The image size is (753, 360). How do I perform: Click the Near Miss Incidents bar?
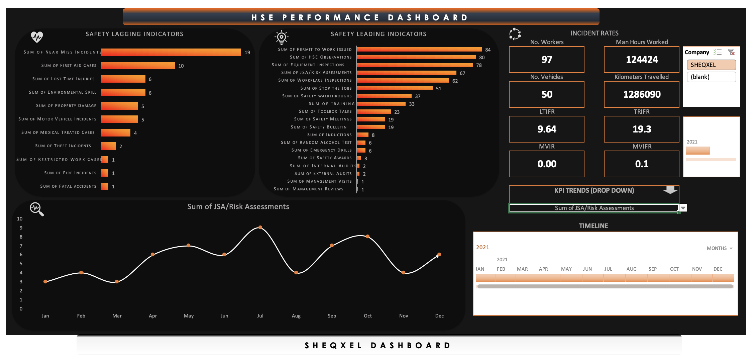tap(171, 52)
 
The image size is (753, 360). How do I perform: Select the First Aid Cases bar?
tap(138, 66)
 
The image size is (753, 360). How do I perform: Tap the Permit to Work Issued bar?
tap(419, 50)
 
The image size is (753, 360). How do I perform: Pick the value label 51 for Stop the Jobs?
tap(439, 89)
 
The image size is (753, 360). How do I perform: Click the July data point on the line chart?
tap(260, 228)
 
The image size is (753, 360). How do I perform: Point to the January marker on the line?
tap(45, 282)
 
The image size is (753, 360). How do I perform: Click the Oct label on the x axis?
tap(368, 316)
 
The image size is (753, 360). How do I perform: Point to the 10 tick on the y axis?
tap(20, 219)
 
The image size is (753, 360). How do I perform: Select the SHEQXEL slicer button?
tap(711, 65)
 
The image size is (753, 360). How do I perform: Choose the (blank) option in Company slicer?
tap(711, 77)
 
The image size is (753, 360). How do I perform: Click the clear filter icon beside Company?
tap(731, 52)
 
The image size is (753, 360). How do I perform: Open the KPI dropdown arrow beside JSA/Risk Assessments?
tap(683, 208)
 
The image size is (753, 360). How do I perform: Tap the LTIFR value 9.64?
tap(547, 129)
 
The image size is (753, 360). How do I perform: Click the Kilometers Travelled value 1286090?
tap(642, 94)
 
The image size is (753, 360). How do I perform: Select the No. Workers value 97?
tap(547, 60)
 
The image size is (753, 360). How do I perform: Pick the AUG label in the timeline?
tap(631, 269)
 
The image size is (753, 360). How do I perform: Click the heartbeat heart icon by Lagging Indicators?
tap(37, 36)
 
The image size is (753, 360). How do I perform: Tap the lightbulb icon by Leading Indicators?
tap(282, 37)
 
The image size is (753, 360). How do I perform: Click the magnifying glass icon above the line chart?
tap(37, 209)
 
